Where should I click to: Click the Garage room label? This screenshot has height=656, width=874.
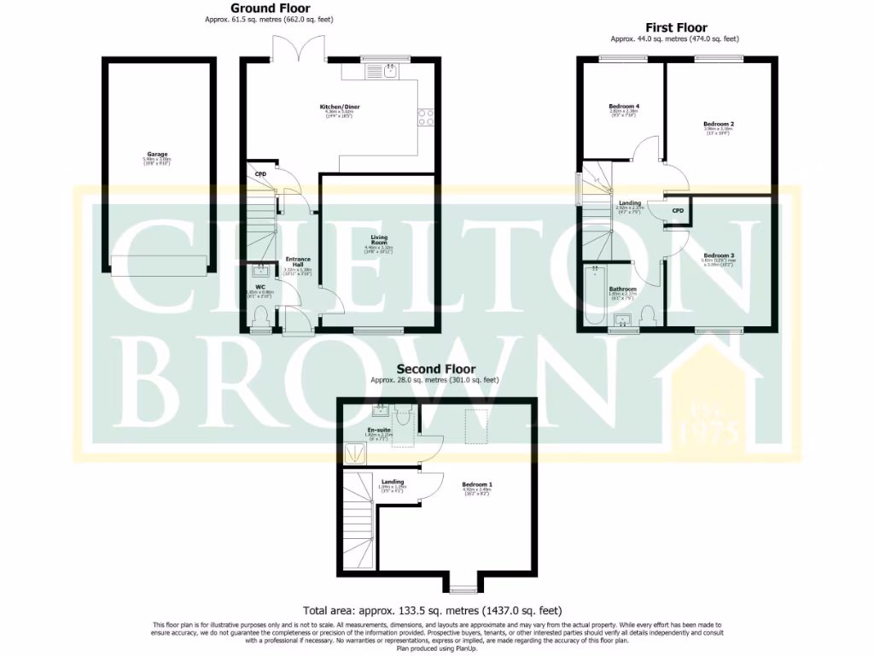pyautogui.click(x=158, y=155)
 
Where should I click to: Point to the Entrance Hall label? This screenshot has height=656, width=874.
pyautogui.click(x=298, y=261)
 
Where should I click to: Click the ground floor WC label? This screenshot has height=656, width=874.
pyautogui.click(x=261, y=287)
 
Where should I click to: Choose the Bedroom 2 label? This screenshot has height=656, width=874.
pyautogui.click(x=719, y=124)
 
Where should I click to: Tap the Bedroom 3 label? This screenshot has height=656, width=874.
pyautogui.click(x=719, y=255)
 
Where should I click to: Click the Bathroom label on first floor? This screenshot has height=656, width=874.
pyautogui.click(x=623, y=289)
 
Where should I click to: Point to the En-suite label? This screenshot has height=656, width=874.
pyautogui.click(x=379, y=430)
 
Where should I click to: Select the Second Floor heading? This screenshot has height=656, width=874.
pyautogui.click(x=434, y=369)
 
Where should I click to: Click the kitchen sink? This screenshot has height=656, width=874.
pyautogui.click(x=389, y=71)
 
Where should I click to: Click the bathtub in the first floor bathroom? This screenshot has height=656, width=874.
pyautogui.click(x=592, y=295)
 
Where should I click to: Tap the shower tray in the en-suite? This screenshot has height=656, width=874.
pyautogui.click(x=351, y=452)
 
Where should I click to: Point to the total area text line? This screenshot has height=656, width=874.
pyautogui.click(x=434, y=611)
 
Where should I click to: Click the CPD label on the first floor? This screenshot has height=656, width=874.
pyautogui.click(x=678, y=210)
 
